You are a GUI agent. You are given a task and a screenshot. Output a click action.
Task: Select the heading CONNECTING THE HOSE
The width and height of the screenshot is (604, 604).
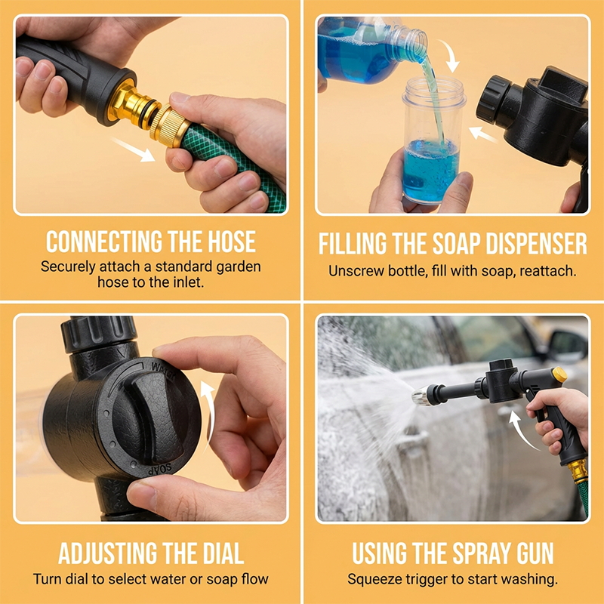click(x=151, y=242)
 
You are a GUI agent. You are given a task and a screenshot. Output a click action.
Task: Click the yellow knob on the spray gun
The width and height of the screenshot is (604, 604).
click(x=559, y=374)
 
